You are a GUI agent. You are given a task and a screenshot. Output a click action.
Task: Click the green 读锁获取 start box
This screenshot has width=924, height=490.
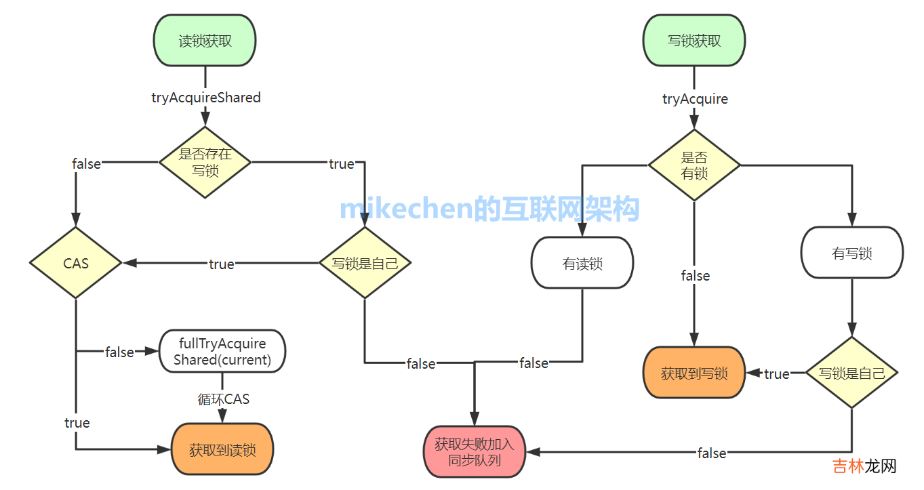tap(205, 41)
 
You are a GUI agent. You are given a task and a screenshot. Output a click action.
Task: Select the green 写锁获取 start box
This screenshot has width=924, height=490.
tap(694, 41)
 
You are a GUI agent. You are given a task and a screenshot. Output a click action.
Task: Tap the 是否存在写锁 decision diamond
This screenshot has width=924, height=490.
tap(205, 163)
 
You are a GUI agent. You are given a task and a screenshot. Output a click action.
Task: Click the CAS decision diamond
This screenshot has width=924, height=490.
tap(76, 263)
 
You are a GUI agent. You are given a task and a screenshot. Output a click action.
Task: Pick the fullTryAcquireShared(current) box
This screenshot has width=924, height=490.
tap(222, 352)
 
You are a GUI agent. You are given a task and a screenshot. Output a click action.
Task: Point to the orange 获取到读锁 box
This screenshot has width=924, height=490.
tap(222, 449)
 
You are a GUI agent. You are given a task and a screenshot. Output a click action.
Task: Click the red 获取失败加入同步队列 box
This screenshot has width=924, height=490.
tap(475, 453)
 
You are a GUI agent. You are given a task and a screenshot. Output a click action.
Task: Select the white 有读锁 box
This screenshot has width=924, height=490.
tap(582, 263)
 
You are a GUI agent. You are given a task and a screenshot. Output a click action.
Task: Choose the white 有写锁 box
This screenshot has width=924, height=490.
tap(851, 253)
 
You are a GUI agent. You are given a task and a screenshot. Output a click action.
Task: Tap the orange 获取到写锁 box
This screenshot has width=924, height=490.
tap(694, 373)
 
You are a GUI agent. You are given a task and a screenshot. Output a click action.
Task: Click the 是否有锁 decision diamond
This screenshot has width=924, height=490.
tap(694, 165)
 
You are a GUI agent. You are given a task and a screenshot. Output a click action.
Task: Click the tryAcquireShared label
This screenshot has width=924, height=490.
tap(205, 98)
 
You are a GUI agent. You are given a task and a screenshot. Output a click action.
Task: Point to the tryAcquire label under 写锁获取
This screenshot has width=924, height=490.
tap(695, 99)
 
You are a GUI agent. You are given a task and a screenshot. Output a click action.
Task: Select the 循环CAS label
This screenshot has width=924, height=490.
tap(223, 399)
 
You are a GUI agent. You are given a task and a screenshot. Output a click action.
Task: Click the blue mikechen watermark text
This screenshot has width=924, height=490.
tap(489, 209)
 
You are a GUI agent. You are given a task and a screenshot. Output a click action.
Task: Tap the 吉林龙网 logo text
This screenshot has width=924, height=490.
tap(864, 466)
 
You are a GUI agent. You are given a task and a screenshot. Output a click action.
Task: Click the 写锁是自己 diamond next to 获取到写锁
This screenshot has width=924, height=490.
tap(851, 373)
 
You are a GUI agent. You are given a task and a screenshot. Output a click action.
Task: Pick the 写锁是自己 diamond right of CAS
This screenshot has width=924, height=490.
tap(365, 263)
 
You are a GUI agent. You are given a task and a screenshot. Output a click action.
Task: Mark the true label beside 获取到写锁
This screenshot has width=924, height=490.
tap(777, 374)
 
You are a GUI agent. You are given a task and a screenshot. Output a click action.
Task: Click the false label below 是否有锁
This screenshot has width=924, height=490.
tap(695, 276)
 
